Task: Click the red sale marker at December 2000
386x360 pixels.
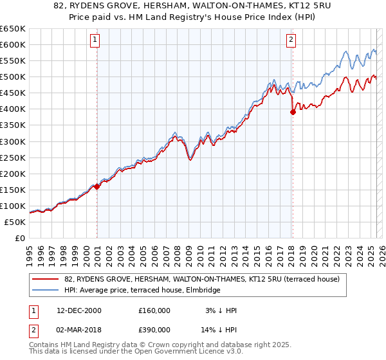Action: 97,186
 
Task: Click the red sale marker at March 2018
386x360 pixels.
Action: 293,111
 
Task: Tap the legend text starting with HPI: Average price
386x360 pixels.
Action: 142,290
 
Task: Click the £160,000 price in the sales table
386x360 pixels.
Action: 154,310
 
